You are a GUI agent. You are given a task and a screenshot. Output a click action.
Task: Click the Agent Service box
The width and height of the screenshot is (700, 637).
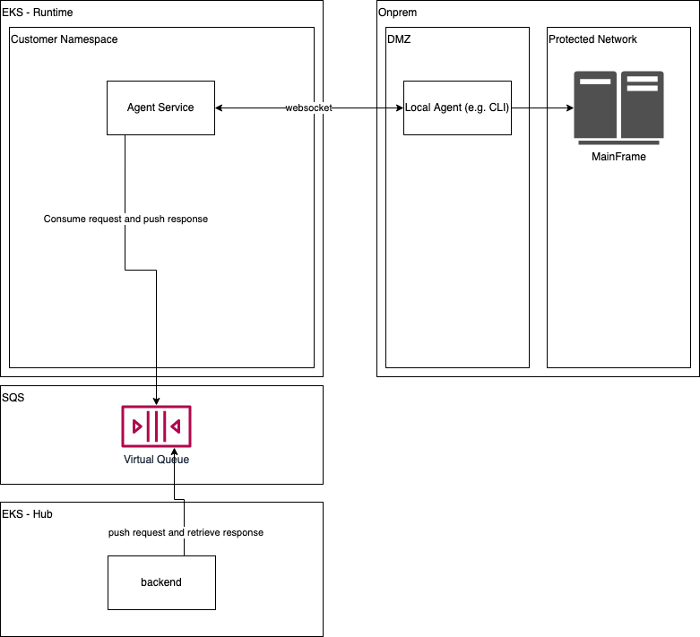(x=160, y=108)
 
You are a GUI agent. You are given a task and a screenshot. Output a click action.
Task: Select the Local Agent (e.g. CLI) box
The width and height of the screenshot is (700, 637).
(x=457, y=108)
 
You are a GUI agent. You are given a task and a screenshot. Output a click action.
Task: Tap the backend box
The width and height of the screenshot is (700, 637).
(x=161, y=582)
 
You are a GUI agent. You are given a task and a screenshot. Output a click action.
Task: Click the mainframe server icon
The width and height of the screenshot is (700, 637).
(x=618, y=108)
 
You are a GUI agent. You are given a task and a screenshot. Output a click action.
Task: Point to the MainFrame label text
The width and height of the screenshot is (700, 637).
(x=618, y=157)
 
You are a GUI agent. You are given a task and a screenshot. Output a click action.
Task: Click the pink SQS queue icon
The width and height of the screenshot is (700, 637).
(x=156, y=426)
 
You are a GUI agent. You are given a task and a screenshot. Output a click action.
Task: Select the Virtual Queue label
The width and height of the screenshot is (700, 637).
(x=156, y=460)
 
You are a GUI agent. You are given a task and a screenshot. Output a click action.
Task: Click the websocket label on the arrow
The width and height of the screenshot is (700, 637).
(x=309, y=108)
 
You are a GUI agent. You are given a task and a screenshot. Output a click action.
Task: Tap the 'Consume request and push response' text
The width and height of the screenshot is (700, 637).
(x=125, y=219)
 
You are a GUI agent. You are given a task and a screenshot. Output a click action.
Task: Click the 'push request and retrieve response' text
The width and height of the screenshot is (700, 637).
(x=186, y=532)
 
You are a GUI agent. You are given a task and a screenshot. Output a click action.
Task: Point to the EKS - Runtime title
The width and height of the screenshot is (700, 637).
(x=38, y=13)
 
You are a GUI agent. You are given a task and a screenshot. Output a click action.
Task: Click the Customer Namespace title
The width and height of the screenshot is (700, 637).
(x=64, y=39)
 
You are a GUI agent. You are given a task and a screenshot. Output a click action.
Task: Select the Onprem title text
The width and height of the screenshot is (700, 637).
(x=398, y=13)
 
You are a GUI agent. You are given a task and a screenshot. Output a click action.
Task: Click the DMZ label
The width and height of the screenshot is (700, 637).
(x=399, y=39)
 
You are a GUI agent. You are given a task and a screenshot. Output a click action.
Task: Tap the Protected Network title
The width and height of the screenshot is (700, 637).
(x=592, y=39)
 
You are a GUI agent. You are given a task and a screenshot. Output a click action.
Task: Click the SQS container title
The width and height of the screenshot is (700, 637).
(x=13, y=398)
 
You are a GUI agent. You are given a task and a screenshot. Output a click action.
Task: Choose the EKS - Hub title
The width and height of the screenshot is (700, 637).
(x=27, y=514)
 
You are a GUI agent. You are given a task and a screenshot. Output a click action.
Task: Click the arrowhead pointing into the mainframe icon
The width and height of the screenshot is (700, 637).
(x=568, y=108)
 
